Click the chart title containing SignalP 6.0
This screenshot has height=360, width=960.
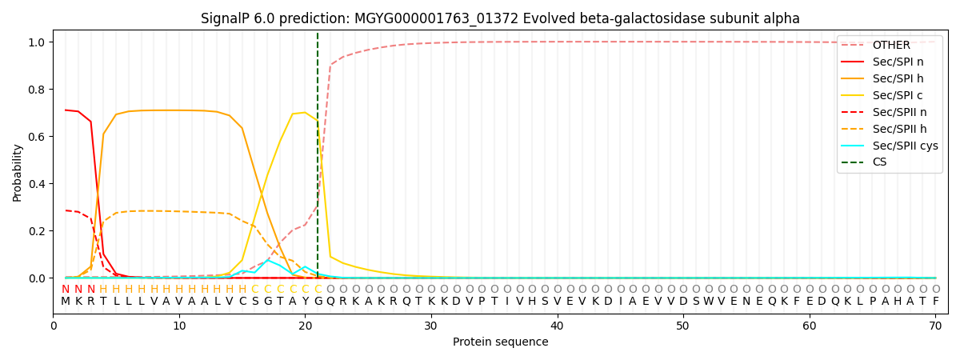click(500, 18)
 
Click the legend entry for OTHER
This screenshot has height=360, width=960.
click(888, 45)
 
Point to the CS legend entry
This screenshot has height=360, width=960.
click(879, 162)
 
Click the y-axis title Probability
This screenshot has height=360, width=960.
click(18, 172)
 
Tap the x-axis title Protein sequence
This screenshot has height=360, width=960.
click(501, 342)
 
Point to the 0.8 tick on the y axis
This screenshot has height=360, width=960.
click(37, 89)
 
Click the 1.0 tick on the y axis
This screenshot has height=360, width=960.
click(37, 42)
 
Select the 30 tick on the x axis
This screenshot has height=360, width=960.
click(431, 326)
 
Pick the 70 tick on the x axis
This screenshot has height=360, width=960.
click(935, 326)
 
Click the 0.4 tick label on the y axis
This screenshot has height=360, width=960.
click(37, 184)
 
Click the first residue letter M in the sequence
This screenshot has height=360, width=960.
click(66, 302)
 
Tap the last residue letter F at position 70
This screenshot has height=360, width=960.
click(935, 302)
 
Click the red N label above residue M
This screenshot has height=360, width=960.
click(66, 290)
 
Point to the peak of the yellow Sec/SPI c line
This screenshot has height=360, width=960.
click(305, 113)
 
